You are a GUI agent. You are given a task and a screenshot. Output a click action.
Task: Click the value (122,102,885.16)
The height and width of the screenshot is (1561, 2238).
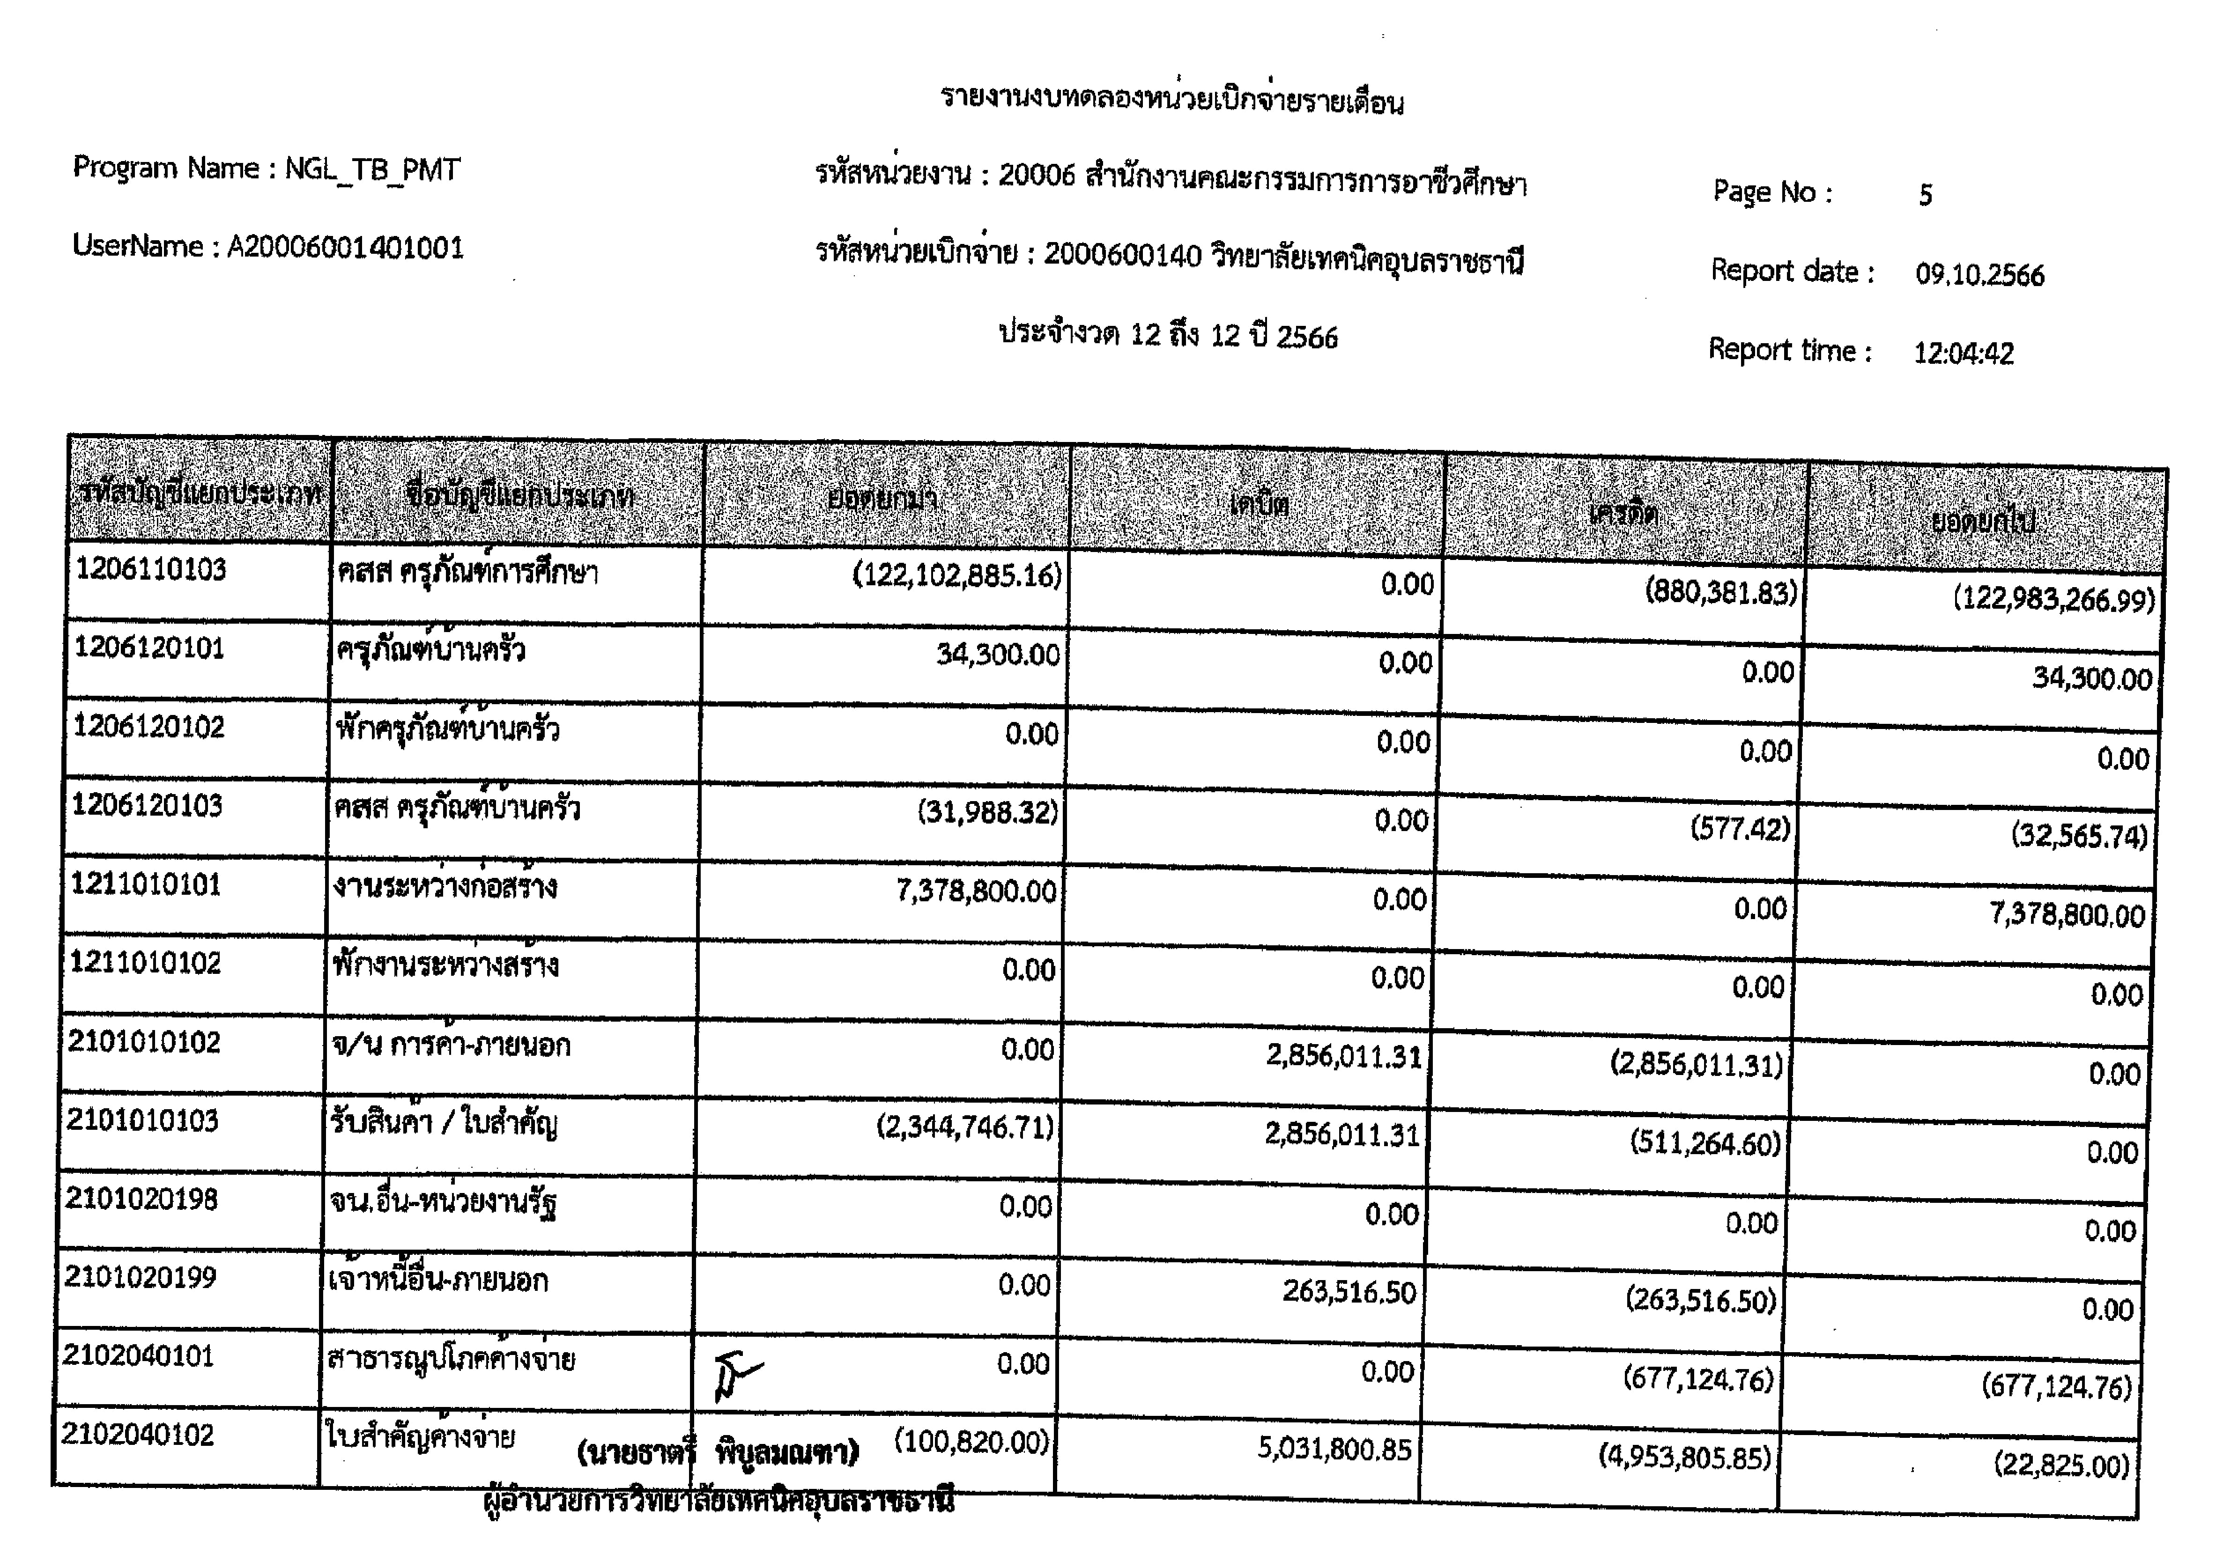pyautogui.click(x=956, y=576)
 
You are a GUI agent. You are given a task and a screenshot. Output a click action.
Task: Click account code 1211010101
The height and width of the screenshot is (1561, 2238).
pyautogui.click(x=146, y=885)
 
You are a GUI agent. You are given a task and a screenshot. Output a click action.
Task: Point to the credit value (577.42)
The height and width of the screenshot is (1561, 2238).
pyautogui.click(x=1740, y=829)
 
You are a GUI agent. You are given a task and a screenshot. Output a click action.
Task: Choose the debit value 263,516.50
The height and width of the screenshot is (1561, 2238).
pyautogui.click(x=1349, y=1292)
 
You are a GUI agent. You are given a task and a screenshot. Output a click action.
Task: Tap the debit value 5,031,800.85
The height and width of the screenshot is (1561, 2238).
pyautogui.click(x=1334, y=1450)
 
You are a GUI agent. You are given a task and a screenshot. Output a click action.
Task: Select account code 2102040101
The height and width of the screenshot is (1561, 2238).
pyautogui.click(x=139, y=1356)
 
